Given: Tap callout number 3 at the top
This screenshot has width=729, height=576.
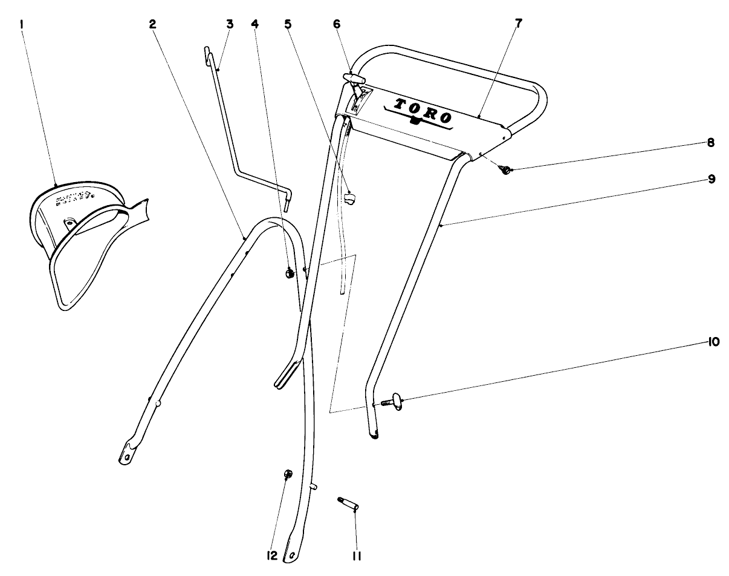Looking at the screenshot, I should (230, 24).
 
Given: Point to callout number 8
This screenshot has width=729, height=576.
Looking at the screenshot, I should (710, 143).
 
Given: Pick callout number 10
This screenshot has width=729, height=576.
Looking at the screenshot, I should (713, 342).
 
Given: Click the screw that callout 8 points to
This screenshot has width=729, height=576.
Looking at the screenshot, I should (504, 170).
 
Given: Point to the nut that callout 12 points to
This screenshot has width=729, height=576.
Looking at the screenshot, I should (288, 474).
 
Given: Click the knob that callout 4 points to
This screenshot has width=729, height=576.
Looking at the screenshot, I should (289, 274).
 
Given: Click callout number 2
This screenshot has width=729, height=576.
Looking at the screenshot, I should (153, 24).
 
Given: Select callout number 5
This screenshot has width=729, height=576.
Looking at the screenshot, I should (288, 24).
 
